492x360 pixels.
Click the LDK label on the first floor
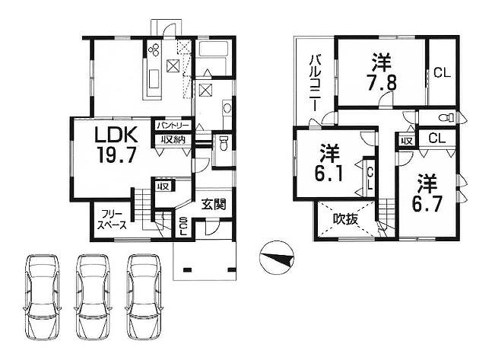[116, 135]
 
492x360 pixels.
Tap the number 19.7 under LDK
[116, 155]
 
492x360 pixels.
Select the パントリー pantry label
[173, 126]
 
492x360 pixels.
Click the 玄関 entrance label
[214, 205]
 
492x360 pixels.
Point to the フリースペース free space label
[112, 220]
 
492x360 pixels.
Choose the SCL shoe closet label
[184, 226]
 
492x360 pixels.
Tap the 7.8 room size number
[381, 82]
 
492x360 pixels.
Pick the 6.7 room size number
[427, 205]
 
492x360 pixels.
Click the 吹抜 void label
[345, 219]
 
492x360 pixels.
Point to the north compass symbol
[277, 257]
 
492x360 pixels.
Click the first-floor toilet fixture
[223, 144]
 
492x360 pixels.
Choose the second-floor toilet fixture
[446, 118]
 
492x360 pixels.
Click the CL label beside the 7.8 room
[442, 73]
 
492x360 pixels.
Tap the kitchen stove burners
[154, 49]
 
